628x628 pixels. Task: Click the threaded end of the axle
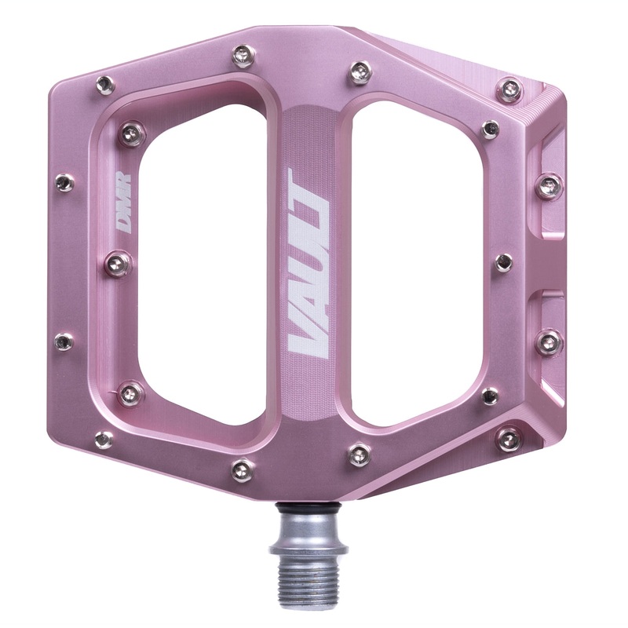(305, 577)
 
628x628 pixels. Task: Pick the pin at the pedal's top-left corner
(104, 85)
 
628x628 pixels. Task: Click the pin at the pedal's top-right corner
(510, 89)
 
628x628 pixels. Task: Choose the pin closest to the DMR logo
(119, 263)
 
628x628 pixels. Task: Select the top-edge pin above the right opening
(360, 73)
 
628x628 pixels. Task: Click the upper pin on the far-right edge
(549, 187)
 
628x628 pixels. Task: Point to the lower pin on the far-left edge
(64, 341)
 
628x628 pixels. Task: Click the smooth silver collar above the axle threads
(305, 534)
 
